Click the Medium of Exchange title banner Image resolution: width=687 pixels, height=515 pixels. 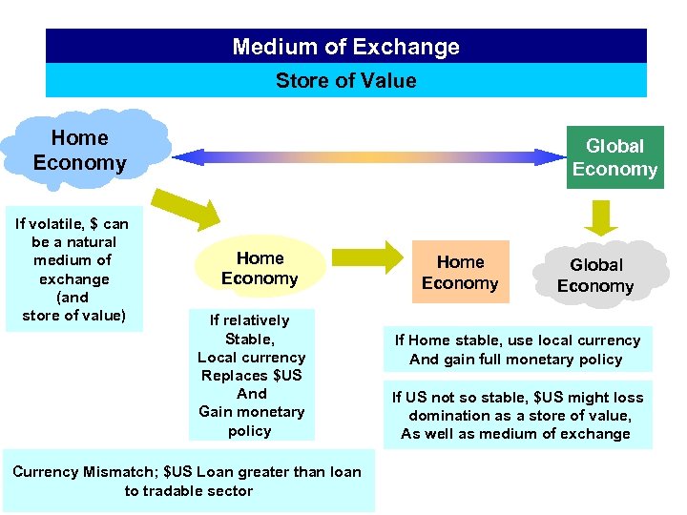tap(345, 46)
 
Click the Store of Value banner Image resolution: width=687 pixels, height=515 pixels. tap(345, 80)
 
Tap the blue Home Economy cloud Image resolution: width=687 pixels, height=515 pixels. tap(80, 151)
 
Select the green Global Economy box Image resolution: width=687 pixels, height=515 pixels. tap(614, 157)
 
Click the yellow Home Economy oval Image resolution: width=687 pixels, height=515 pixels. tap(260, 268)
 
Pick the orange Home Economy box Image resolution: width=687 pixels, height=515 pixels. tap(460, 273)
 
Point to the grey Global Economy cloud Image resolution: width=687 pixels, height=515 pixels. tap(595, 275)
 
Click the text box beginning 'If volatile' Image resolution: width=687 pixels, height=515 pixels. tap(73, 269)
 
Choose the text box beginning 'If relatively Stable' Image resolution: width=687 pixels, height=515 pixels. tap(251, 375)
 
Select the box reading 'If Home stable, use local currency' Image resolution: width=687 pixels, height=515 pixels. tap(517, 349)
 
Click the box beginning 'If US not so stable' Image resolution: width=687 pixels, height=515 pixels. tap(517, 416)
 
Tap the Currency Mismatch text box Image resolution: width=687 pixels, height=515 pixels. tap(188, 482)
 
